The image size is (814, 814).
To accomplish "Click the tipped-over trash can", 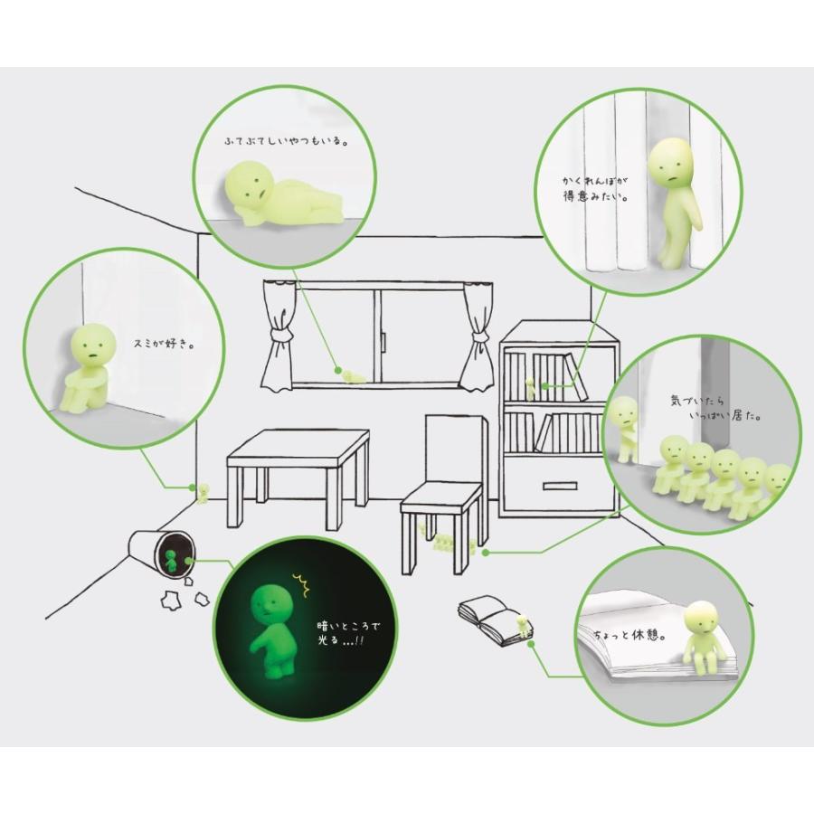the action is pos(161,553).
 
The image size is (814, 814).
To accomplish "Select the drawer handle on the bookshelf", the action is pos(560,487).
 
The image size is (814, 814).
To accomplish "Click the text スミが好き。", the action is pos(164,345).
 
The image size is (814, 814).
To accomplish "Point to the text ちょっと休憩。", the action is pos(629,634).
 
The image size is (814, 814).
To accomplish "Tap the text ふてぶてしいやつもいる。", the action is pos(286,141).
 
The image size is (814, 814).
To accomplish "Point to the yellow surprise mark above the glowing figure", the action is pos(301,584).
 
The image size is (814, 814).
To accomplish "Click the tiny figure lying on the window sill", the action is pos(353,376).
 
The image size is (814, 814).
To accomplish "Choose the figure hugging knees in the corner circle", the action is pos(89,367).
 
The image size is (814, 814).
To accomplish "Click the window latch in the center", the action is pos(383,339).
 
